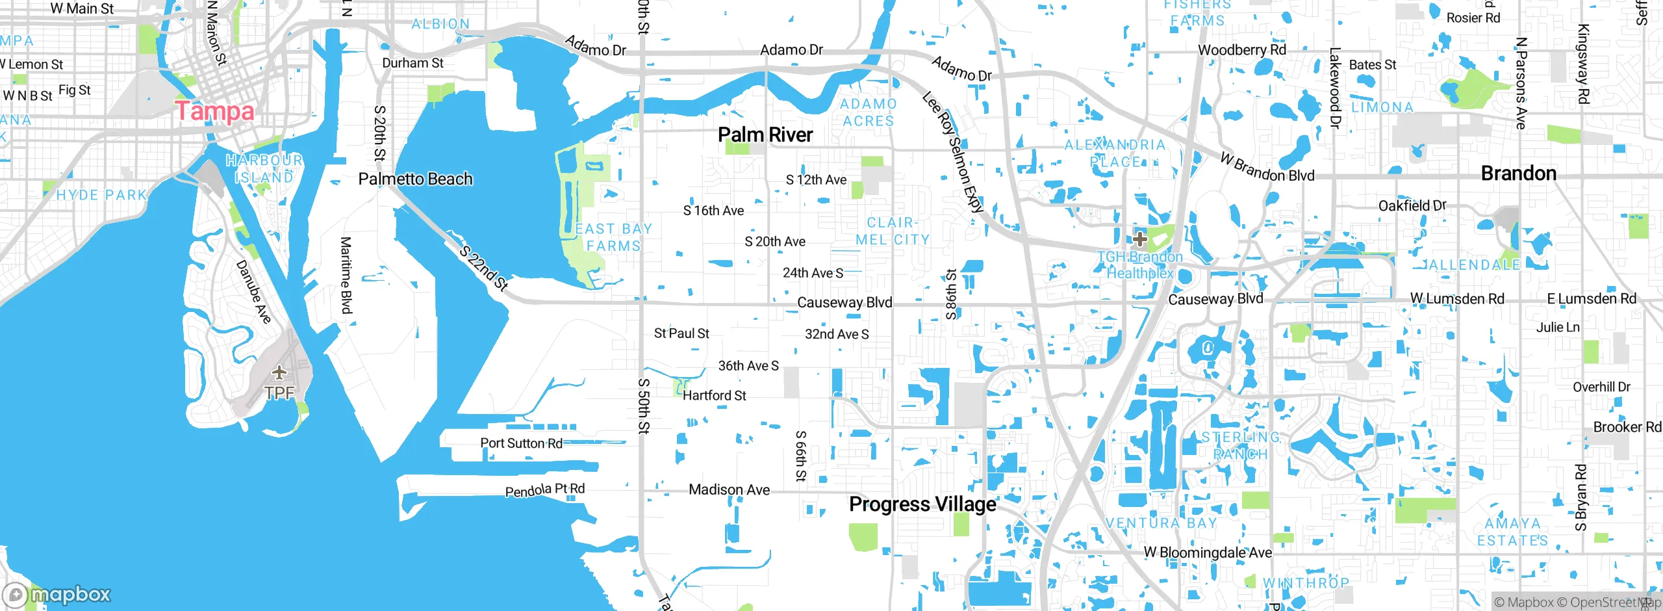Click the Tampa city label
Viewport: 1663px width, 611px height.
[x=214, y=111]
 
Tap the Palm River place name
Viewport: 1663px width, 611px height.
[x=765, y=135]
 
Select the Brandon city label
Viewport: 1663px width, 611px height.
[x=1518, y=174]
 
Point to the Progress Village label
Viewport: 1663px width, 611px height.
[x=922, y=504]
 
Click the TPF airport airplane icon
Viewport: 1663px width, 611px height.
[x=279, y=373]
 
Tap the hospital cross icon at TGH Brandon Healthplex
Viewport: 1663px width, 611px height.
[x=1139, y=239]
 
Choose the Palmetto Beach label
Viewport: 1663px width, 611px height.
[x=415, y=179]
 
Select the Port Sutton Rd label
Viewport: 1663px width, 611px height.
[x=521, y=443]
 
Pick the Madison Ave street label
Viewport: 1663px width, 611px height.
[x=729, y=489]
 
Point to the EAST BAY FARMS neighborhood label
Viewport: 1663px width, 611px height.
[x=613, y=237]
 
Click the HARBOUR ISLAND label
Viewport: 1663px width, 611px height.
[x=264, y=168]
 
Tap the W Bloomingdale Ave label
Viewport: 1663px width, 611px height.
[x=1207, y=552]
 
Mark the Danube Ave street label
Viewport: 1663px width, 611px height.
[x=253, y=291]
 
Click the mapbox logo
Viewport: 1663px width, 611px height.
[x=57, y=594]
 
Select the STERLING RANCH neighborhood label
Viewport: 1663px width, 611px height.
[x=1240, y=445]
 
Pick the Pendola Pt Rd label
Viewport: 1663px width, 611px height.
[x=544, y=490]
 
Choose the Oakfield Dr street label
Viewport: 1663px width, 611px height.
[x=1412, y=205]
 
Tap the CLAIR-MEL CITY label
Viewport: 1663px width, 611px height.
[x=892, y=231]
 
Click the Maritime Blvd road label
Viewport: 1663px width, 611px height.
[x=346, y=274]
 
